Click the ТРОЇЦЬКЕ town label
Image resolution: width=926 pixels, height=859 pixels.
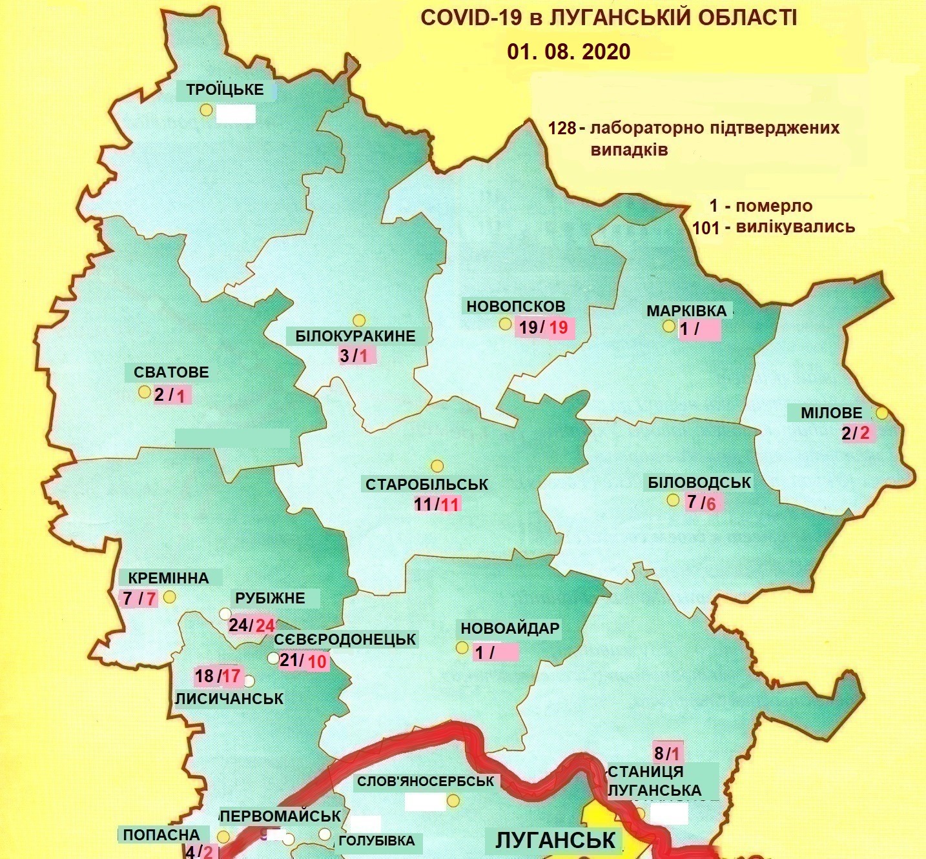225,90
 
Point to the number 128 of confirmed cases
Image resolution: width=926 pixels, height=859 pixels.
562,128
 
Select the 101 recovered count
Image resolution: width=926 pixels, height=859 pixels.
706,227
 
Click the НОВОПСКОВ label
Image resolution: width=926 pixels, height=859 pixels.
515,306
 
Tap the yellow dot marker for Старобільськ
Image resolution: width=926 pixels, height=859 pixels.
437,466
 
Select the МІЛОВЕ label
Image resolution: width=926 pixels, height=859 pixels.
831,412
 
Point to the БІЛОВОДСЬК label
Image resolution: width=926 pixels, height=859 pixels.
699,482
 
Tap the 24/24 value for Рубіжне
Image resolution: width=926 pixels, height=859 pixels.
252,625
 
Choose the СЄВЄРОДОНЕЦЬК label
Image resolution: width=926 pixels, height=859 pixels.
345,640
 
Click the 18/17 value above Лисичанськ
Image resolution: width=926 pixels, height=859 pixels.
218,676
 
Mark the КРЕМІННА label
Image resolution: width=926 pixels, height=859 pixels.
169,578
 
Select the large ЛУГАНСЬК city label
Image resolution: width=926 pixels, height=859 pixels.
556,840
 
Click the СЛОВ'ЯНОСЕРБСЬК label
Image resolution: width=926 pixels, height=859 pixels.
425,781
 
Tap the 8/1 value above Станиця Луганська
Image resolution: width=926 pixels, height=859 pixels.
668,753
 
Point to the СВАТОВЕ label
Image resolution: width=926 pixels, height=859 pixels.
171,372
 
